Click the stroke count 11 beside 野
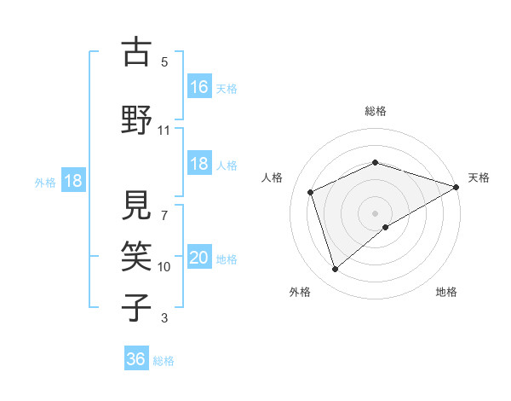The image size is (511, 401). point(164,131)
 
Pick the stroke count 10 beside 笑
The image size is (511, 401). point(164,267)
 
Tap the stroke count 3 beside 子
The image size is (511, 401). point(164,318)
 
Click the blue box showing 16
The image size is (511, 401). point(199,87)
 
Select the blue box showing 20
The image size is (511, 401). point(199,259)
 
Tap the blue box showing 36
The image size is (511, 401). point(136,359)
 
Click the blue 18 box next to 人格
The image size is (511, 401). point(199,165)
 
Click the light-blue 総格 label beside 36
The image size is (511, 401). point(164,361)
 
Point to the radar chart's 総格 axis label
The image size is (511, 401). point(375,111)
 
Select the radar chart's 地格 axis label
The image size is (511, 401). point(446,292)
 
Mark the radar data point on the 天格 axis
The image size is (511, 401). point(456,186)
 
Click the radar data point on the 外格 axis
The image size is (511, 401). point(335,270)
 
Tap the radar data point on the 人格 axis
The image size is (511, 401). point(311,192)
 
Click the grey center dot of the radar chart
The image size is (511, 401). point(375,212)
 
